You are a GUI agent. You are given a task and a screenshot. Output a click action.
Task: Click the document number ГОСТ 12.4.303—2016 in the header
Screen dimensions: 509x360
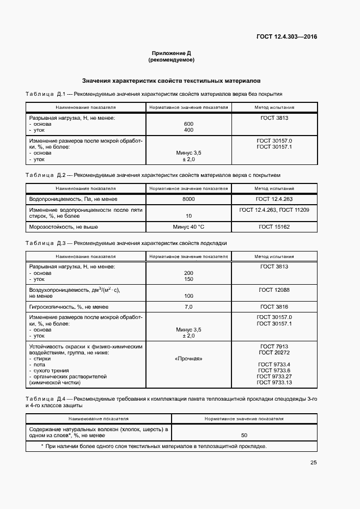pyautogui.click(x=286, y=37)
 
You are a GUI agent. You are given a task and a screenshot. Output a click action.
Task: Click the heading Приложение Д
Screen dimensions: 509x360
pyautogui.click(x=171, y=53)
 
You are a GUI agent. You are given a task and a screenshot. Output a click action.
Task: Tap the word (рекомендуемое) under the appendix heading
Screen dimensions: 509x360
pyautogui.click(x=171, y=59)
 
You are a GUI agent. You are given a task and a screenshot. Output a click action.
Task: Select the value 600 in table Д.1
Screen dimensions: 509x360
pyautogui.click(x=188, y=124)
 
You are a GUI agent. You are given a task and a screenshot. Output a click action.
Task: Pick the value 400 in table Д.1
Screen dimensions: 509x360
pyautogui.click(x=188, y=130)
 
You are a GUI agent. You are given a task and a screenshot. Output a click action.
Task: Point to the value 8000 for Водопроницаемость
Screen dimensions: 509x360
pyautogui.click(x=188, y=199)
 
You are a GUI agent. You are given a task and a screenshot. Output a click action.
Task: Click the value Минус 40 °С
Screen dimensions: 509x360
pyautogui.click(x=188, y=226)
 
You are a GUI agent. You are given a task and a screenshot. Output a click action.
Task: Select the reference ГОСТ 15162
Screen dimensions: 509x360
pyautogui.click(x=274, y=226)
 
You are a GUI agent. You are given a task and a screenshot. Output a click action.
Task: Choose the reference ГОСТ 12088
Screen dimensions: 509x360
pyautogui.click(x=274, y=290)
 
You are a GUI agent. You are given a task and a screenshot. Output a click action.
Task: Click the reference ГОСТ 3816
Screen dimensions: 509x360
pyautogui.click(x=274, y=306)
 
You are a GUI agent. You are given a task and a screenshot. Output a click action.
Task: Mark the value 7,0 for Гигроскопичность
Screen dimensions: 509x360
pyautogui.click(x=188, y=306)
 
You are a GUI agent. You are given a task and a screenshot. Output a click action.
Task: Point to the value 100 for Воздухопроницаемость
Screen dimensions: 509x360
pyautogui.click(x=188, y=296)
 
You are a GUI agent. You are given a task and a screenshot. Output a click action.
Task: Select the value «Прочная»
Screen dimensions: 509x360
pyautogui.click(x=188, y=359)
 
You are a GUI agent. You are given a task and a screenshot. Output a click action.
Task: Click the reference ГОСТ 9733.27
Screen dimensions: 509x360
pyautogui.click(x=274, y=376)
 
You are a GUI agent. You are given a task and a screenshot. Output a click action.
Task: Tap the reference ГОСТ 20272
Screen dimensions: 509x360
pyautogui.click(x=274, y=352)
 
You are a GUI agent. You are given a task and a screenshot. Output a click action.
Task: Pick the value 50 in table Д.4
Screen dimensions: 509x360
pyautogui.click(x=244, y=435)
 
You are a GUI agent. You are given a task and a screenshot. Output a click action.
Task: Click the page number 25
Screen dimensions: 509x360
pyautogui.click(x=313, y=463)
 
